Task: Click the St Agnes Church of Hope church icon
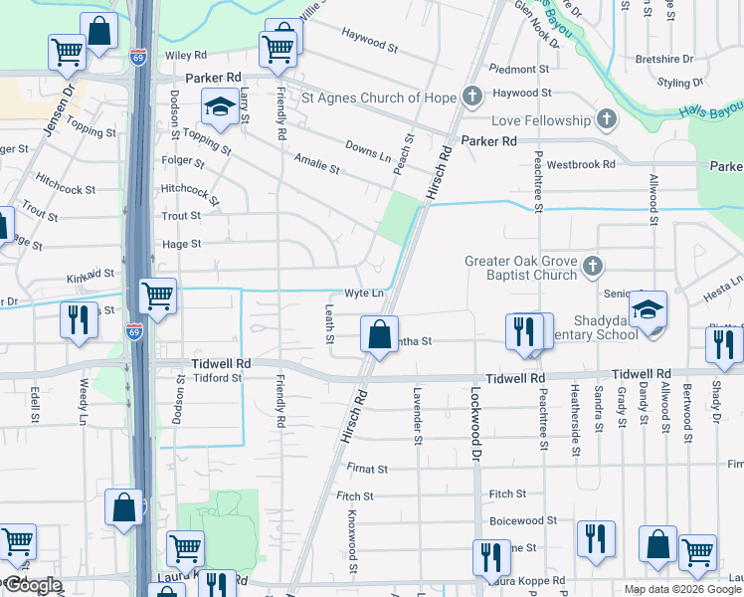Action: [470, 98]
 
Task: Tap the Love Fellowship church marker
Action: [606, 120]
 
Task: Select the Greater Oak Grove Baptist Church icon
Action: [592, 267]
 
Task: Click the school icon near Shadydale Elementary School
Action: [648, 309]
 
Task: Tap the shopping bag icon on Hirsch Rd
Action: [379, 334]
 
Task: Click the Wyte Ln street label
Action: [364, 294]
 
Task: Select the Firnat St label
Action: [366, 468]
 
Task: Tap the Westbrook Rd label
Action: [577, 163]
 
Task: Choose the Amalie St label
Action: [317, 164]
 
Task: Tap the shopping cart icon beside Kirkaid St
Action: [158, 297]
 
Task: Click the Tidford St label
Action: [217, 378]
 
